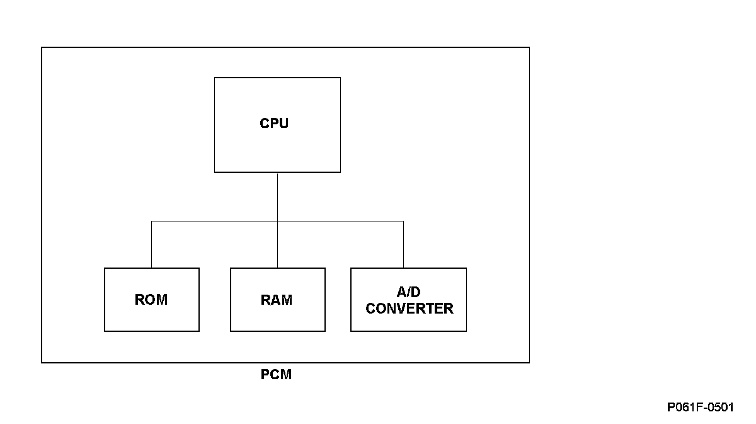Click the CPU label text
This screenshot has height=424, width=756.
274,124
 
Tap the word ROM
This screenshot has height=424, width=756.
151,300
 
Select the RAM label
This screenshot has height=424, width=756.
277,300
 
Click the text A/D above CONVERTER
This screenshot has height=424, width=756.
408,291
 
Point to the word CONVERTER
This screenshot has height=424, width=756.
409,309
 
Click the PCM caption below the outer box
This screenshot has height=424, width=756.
276,374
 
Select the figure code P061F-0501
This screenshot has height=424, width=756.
701,407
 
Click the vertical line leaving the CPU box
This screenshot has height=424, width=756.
277,197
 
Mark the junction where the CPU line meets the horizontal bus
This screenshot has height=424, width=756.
277,221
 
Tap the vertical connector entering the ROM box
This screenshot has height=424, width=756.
151,244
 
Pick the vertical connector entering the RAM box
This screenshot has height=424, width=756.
277,244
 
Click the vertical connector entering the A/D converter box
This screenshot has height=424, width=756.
403,244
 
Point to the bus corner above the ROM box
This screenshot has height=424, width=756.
151,221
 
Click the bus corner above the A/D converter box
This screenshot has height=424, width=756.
403,221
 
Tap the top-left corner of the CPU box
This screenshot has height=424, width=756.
215,78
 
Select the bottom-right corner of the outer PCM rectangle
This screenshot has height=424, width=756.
529,362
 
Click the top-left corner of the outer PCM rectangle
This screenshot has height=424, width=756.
42,48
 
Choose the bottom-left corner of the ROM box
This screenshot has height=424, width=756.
105,331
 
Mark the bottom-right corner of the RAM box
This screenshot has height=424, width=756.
325,331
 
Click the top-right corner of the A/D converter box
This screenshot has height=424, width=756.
466,268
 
